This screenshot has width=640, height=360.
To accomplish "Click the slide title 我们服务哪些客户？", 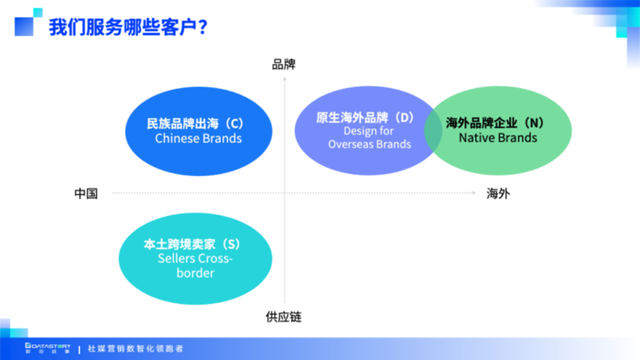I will click(128, 27).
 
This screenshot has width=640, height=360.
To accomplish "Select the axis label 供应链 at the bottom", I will click(284, 317).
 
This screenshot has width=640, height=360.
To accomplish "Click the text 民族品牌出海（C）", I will click(195, 123).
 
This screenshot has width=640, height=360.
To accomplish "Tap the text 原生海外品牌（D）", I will click(364, 117).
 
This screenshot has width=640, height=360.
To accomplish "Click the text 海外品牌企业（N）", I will click(495, 122).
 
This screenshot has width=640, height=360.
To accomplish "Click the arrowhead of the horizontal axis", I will click(471, 193).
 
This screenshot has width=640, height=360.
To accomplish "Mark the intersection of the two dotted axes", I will click(284, 193).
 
